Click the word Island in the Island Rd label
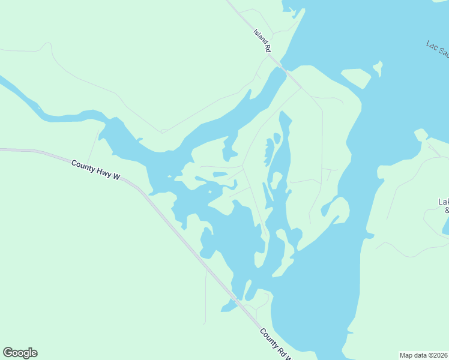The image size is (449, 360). click(x=259, y=37)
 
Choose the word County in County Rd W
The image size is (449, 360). click(x=269, y=338)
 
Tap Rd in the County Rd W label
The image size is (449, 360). click(x=282, y=350)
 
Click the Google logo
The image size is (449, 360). click(x=20, y=353)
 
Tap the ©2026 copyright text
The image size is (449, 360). click(x=438, y=355)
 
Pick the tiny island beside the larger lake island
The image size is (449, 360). click(x=378, y=68)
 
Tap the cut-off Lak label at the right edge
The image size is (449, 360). click(x=444, y=202)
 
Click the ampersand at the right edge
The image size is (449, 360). click(x=446, y=210)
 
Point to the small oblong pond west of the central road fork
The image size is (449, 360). click(x=220, y=175)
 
